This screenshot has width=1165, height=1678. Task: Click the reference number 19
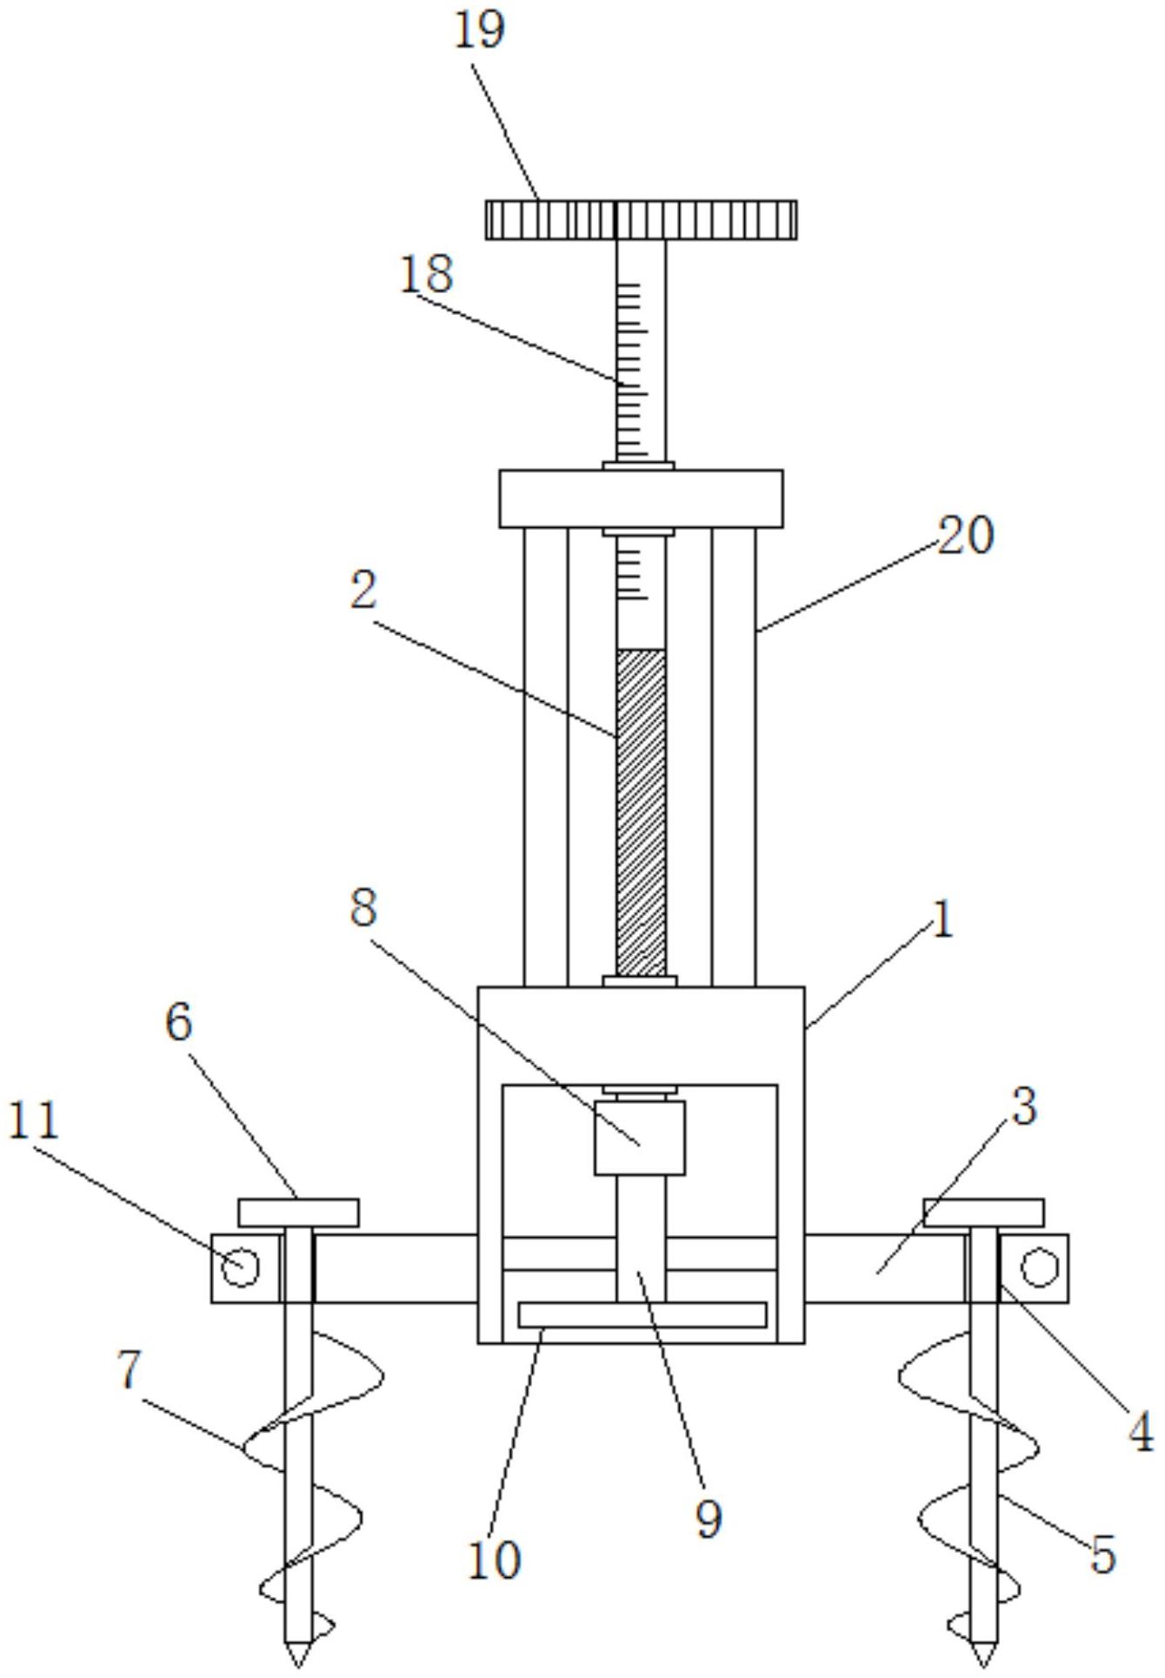[x=480, y=30]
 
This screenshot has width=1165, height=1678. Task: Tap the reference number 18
[x=427, y=274]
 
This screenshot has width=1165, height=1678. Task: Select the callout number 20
[x=965, y=536]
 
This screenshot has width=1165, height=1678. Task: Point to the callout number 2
[x=364, y=592]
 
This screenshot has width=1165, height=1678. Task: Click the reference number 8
[x=364, y=909]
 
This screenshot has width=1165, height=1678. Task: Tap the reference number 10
[x=495, y=1535]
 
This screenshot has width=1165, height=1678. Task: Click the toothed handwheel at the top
[x=641, y=219]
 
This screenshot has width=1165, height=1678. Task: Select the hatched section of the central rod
[x=641, y=812]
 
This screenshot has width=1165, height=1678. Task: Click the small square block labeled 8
[x=640, y=1138]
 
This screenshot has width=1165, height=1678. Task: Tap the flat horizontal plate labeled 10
[x=642, y=1314]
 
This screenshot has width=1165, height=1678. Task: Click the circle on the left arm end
[x=241, y=1267]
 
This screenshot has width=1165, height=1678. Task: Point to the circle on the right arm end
[x=1039, y=1267]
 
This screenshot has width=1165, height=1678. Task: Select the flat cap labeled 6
[x=298, y=1213]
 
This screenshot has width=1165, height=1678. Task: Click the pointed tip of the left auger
[x=298, y=1666]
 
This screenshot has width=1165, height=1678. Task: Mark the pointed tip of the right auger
[x=984, y=1666]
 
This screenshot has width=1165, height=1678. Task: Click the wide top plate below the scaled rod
[x=641, y=498]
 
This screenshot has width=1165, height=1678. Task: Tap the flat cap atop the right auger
[x=983, y=1213]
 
